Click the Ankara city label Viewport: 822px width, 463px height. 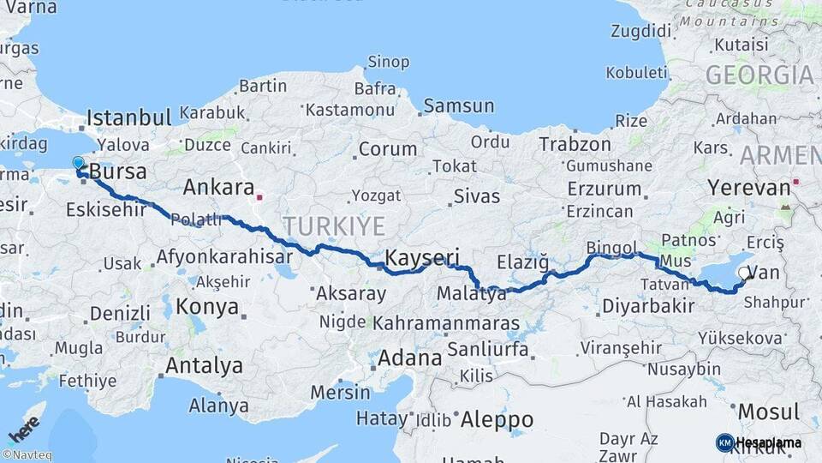point(218,188)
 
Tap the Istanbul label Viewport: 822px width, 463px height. point(128,117)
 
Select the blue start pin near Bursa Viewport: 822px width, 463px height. point(78,163)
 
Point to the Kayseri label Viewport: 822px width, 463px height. point(422,257)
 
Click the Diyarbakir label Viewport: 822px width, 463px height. point(647,306)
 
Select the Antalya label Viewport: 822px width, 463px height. point(204,365)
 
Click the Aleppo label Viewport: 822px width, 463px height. point(497,420)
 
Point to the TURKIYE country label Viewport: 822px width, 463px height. point(334,225)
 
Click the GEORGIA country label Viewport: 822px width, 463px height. point(759,75)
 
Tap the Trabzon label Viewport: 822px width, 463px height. point(575,144)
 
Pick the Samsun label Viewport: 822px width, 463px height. point(458,106)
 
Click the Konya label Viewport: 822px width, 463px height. point(206,306)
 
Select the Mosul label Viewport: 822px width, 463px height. point(768,412)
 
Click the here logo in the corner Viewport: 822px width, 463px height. point(23,426)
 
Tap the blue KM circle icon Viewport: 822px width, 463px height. point(724,442)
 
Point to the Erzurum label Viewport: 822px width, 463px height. point(604,188)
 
